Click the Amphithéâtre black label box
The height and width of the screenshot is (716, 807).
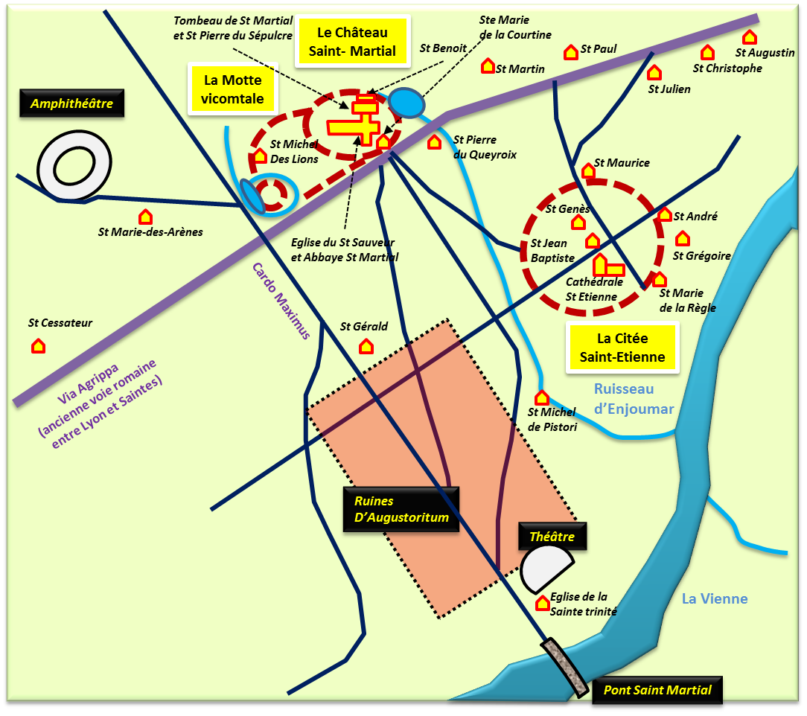pos(71,104)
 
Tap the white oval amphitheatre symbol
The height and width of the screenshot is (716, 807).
pos(74,164)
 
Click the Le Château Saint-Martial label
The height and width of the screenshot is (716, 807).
pos(352,42)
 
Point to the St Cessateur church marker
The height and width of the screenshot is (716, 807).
pos(38,345)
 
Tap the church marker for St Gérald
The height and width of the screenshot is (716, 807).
pos(366,346)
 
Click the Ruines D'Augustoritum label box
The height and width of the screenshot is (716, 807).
pos(401,510)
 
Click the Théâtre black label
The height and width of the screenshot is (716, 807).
pos(552,537)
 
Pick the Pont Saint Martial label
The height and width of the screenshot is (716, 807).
pos(657,690)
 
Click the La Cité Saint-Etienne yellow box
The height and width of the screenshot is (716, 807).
pos(622,348)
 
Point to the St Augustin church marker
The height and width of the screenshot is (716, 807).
pos(750,37)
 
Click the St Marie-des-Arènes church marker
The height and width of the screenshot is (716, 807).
pos(146,217)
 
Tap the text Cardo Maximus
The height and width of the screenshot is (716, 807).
pos(280,301)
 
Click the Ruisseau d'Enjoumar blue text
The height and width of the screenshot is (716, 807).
pos(633,399)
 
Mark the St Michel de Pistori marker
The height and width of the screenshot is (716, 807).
pos(542,398)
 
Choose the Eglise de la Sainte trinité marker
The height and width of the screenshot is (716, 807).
pos(543,603)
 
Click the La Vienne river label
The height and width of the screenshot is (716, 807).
pos(715,599)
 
